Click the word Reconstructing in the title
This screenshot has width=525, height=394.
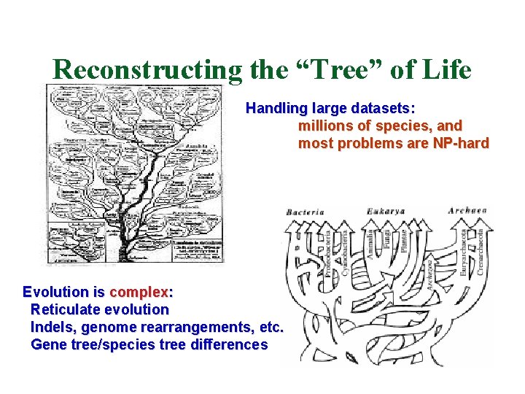pos(147,69)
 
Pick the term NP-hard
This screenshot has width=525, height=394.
pos(461,143)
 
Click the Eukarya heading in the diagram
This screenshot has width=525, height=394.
pos(386,212)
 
